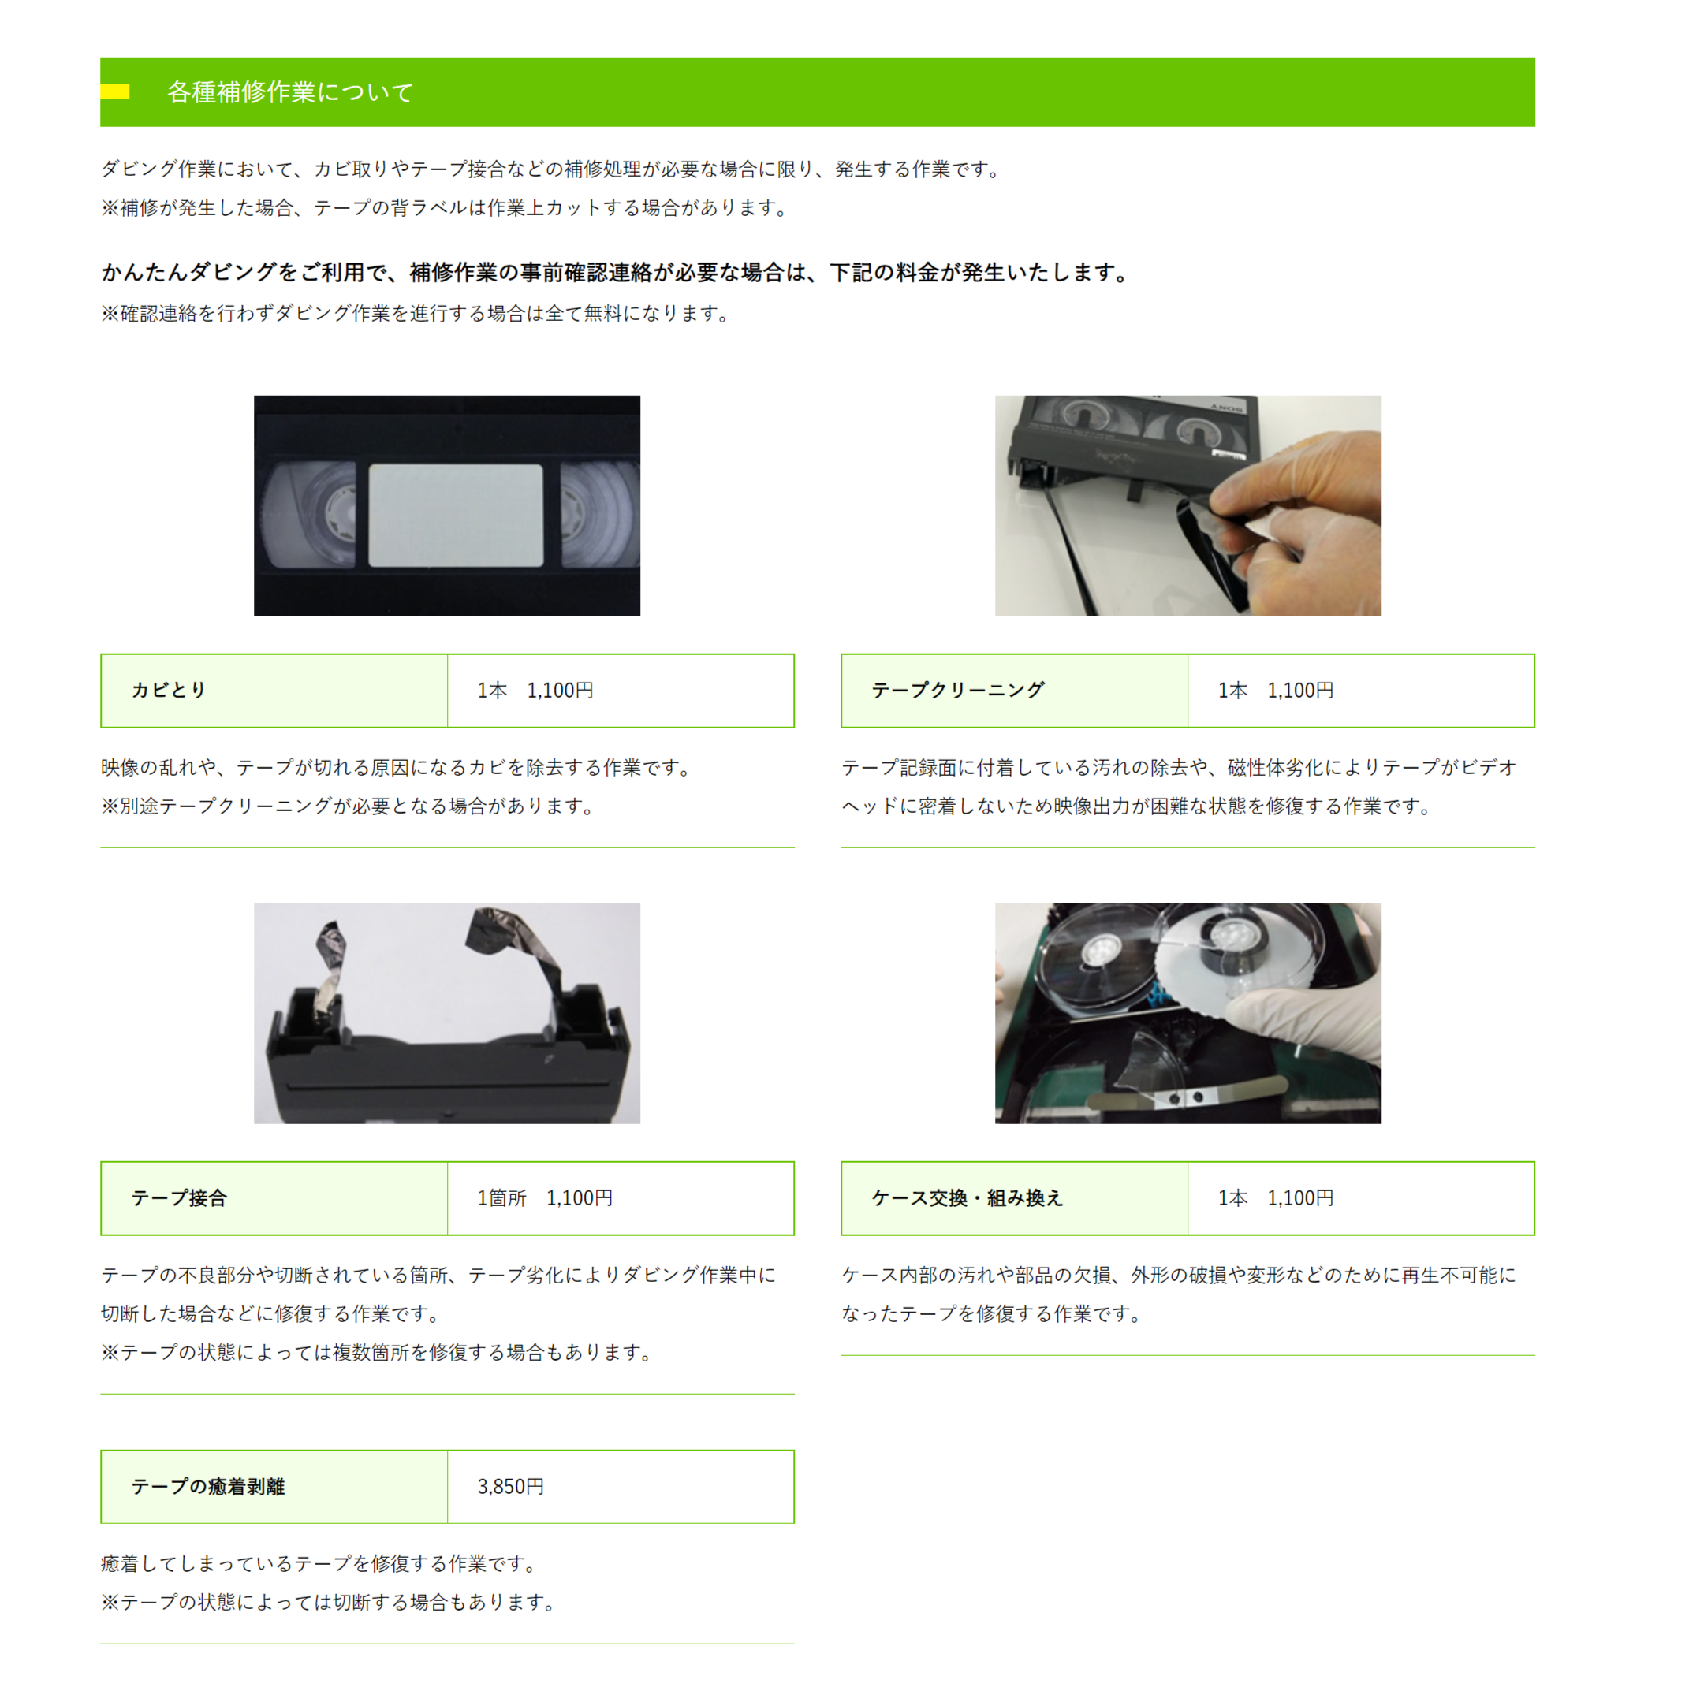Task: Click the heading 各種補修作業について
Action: pos(290,92)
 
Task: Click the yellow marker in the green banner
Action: pos(114,91)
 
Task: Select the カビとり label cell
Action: pos(274,691)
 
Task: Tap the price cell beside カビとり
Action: pos(621,691)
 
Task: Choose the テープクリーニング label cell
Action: pos(1014,691)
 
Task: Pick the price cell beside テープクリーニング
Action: pos(1360,691)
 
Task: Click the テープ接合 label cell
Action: pos(274,1198)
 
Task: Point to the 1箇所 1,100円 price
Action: pos(545,1198)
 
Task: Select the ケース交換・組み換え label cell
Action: pos(1014,1198)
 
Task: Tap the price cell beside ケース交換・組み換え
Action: pos(1360,1198)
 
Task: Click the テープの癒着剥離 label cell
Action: pos(274,1487)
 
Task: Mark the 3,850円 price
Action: pos(510,1487)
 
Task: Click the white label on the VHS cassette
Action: pos(456,516)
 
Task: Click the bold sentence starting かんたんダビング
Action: pos(615,272)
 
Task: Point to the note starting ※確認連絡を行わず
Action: pos(415,314)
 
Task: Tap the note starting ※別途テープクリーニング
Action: pos(348,806)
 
